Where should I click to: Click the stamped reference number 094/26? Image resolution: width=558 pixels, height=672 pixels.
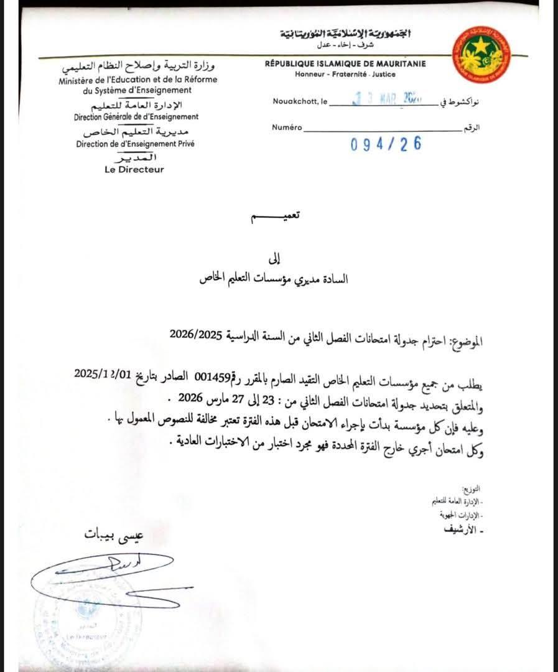[x=386, y=144]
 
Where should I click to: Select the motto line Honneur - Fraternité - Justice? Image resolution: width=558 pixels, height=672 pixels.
[x=345, y=75]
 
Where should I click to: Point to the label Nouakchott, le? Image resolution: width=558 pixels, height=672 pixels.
[x=299, y=101]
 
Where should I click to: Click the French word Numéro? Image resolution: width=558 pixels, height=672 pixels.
[x=287, y=128]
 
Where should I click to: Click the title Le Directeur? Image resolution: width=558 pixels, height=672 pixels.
[x=134, y=169]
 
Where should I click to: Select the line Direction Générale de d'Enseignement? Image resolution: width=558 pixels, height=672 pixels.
[x=136, y=116]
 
